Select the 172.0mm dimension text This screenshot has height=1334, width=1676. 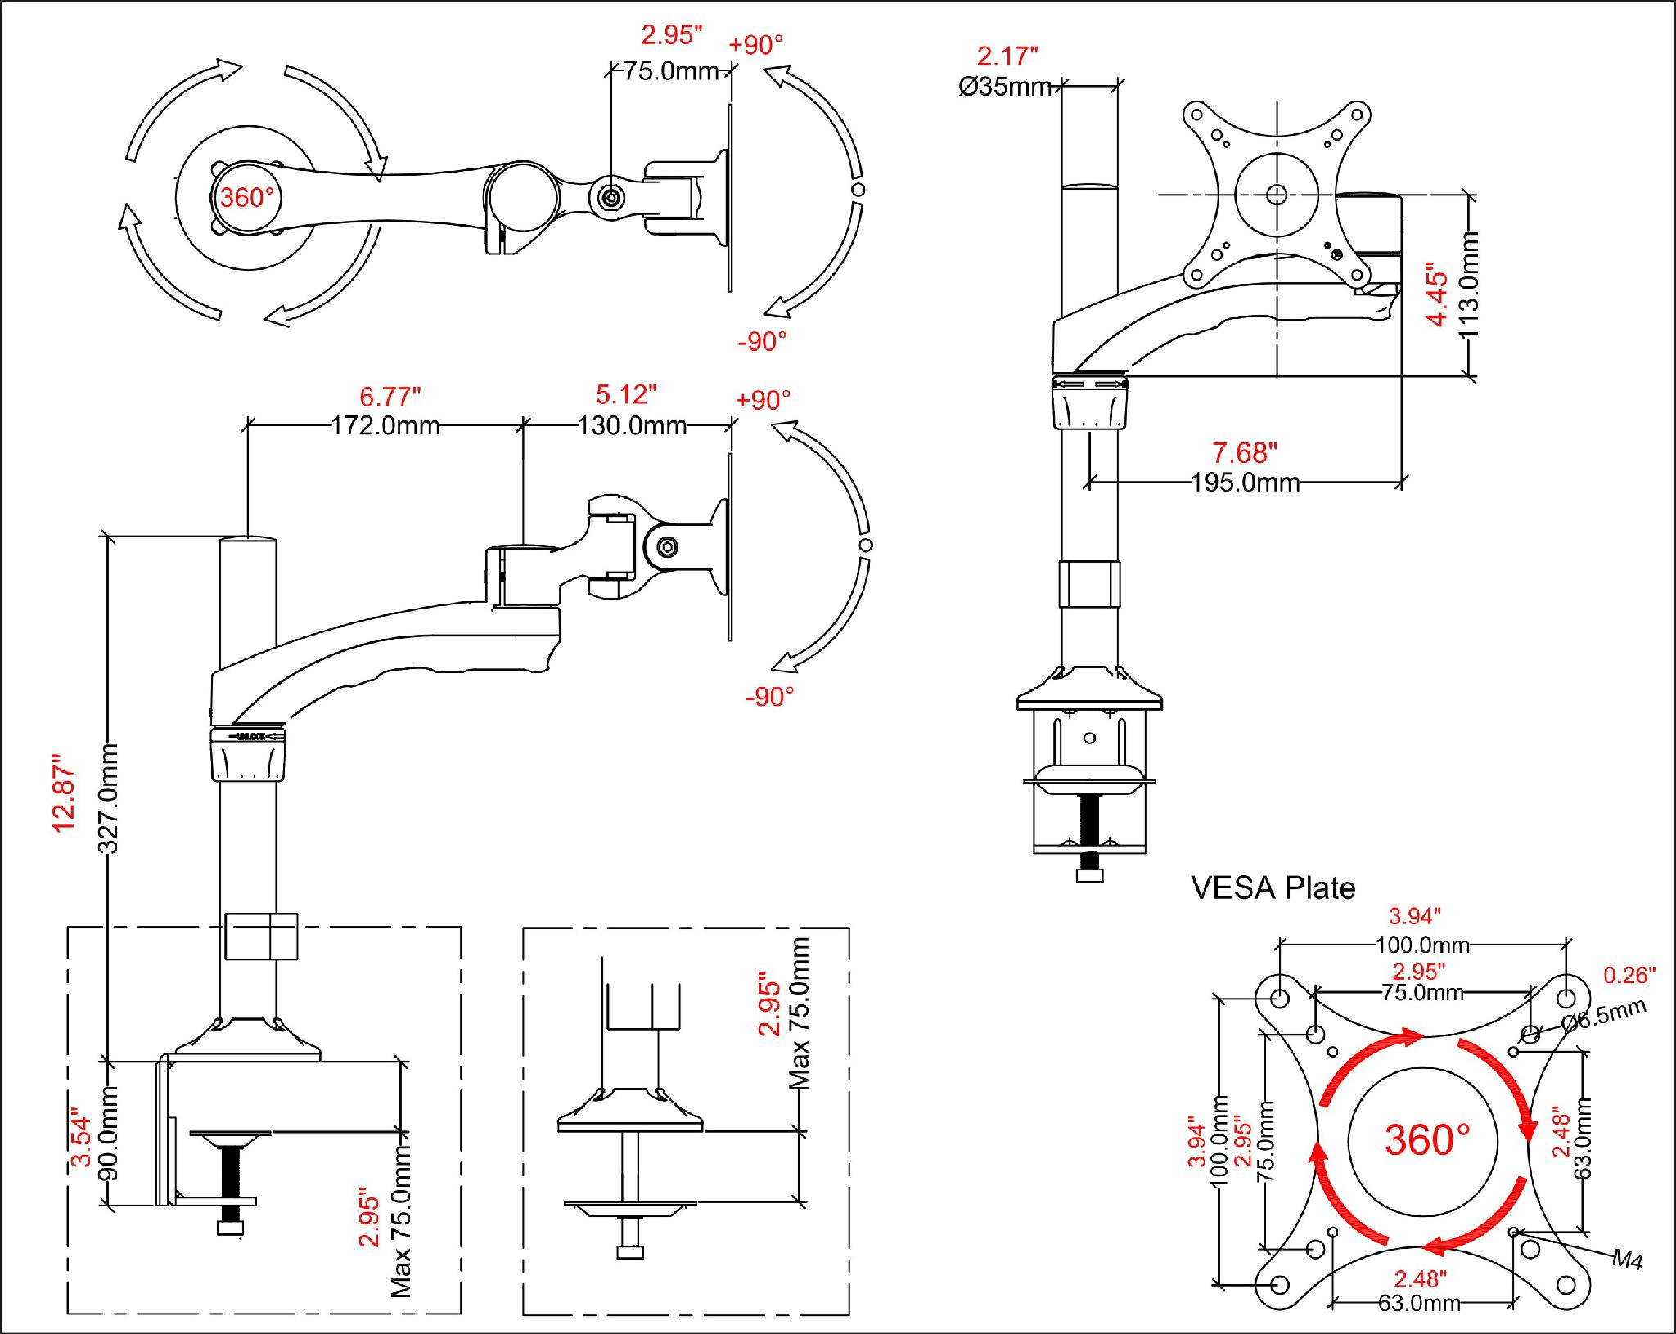coord(385,426)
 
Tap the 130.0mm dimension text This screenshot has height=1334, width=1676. coord(632,426)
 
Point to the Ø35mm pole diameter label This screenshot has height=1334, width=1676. coord(1006,87)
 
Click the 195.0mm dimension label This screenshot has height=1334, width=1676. coord(1246,483)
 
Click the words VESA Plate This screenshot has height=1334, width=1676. coord(1273,888)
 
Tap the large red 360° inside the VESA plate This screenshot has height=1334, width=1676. coord(1427,1139)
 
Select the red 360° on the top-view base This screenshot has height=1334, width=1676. coord(246,198)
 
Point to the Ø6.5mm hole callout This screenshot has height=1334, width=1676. coord(1604,1015)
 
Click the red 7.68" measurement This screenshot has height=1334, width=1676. coord(1244,452)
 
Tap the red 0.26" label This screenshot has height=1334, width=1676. coord(1629,974)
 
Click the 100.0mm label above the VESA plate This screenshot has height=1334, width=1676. coord(1422,945)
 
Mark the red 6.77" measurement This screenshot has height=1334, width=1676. coord(390,397)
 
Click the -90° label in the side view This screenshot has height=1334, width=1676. coord(769,697)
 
